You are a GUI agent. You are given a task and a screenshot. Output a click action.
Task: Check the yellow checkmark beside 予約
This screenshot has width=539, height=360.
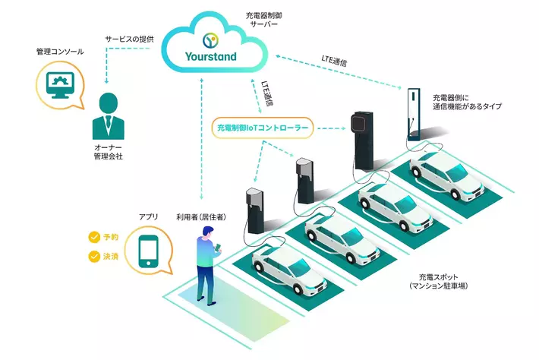click(95, 238)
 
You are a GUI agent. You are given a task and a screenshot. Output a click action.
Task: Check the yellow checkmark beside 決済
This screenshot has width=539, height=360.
click(95, 257)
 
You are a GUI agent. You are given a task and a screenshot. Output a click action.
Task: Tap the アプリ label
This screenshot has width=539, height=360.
click(148, 217)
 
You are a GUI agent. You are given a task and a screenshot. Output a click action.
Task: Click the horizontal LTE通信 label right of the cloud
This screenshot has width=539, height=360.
click(337, 57)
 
